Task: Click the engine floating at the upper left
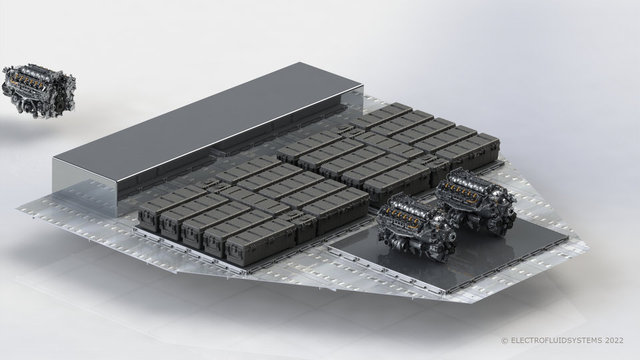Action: click(x=39, y=91)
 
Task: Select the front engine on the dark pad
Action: click(x=416, y=227)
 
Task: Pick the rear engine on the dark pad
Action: click(x=476, y=201)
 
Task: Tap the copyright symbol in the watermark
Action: click(x=504, y=340)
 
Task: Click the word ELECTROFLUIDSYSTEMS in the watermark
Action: click(x=557, y=340)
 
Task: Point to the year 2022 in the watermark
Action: click(x=615, y=340)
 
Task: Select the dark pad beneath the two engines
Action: click(x=453, y=253)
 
